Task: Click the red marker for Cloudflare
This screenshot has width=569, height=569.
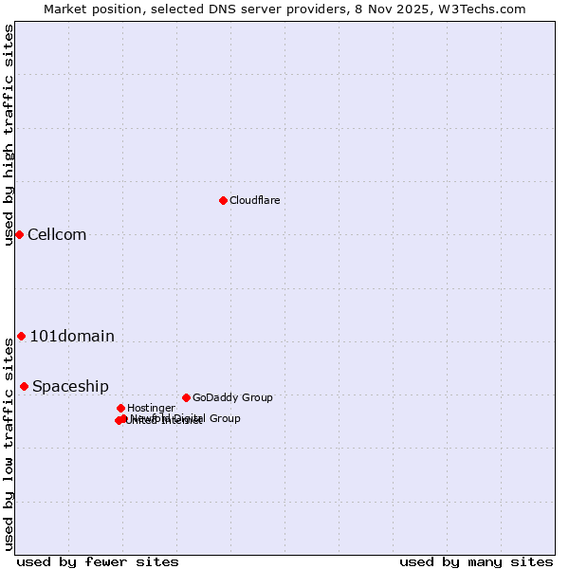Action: click(223, 200)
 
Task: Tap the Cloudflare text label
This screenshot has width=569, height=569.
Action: click(254, 200)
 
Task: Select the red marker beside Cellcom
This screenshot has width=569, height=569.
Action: click(19, 234)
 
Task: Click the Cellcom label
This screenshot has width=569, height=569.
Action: click(57, 235)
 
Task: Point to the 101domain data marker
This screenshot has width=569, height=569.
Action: click(21, 336)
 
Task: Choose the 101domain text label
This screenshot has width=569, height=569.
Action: click(72, 336)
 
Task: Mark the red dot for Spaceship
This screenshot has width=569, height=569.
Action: click(24, 386)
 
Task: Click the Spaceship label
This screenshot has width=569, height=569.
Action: click(70, 387)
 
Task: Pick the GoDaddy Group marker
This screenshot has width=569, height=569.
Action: click(186, 397)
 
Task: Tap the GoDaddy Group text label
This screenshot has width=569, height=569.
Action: click(232, 397)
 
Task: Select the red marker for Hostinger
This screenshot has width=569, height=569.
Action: click(120, 408)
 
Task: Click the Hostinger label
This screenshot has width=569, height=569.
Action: click(151, 408)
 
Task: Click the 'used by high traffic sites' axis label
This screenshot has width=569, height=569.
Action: click(9, 135)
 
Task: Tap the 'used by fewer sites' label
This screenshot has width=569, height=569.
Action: click(98, 562)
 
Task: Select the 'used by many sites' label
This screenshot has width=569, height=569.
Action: click(476, 562)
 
